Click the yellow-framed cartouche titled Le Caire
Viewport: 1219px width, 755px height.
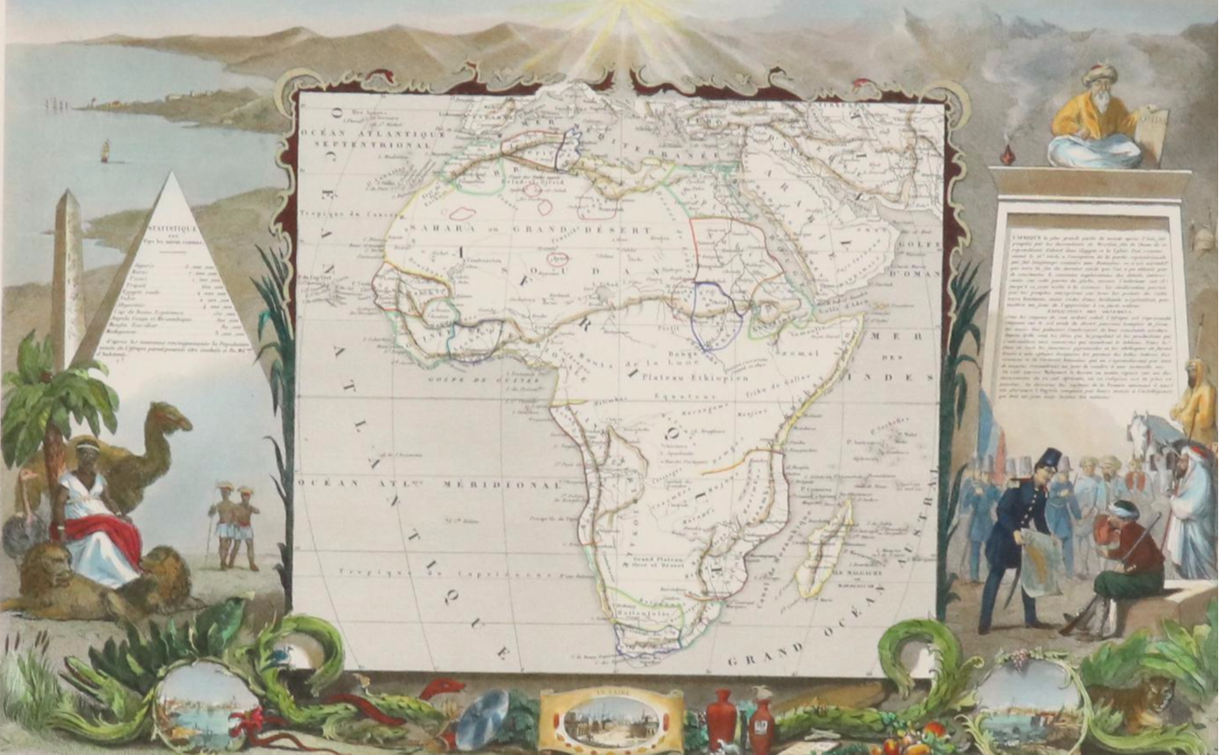611,720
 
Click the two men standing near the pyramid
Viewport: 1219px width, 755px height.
236,525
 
